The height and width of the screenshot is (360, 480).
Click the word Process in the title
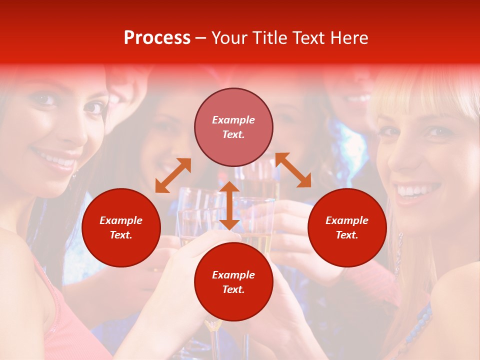click(x=157, y=38)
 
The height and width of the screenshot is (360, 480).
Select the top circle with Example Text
click(x=233, y=127)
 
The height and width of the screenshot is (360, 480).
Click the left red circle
click(x=121, y=227)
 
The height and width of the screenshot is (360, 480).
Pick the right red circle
click(x=347, y=227)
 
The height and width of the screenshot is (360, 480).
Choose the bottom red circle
click(x=233, y=282)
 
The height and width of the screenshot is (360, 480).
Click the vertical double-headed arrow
click(x=229, y=205)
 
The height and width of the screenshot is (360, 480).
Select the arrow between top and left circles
click(x=173, y=175)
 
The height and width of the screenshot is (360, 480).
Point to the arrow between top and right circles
click(x=293, y=170)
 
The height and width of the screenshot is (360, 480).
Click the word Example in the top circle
click(x=233, y=120)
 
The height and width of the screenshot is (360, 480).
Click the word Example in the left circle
click(x=121, y=220)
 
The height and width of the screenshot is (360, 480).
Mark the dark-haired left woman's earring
click(x=74, y=175)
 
